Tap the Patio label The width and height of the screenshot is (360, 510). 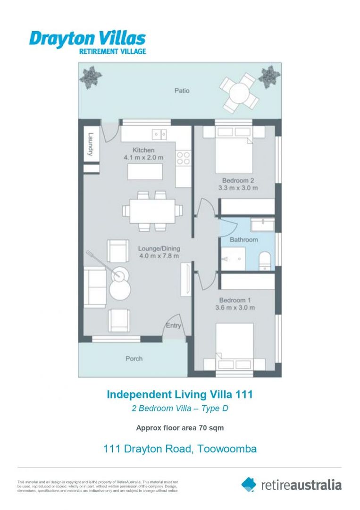tap(182, 90)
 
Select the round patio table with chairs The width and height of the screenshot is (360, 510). tap(239, 92)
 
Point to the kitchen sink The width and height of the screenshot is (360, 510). tap(159, 134)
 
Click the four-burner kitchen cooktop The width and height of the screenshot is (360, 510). tap(183, 158)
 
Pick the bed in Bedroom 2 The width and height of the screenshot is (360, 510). tap(234, 150)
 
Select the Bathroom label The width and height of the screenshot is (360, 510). tap(243, 240)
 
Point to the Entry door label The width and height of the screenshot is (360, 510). tap(173, 325)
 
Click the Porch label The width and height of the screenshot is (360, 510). tap(134, 358)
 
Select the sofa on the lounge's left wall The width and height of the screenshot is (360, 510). tap(94, 287)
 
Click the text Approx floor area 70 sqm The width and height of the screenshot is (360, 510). tap(180, 428)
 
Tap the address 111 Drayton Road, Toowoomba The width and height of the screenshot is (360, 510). tap(180, 449)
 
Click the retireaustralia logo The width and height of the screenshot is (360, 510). tap(291, 484)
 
